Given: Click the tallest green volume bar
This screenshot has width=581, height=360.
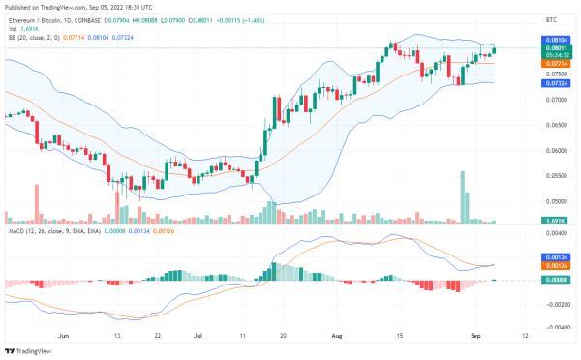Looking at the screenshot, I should click(x=463, y=197).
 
